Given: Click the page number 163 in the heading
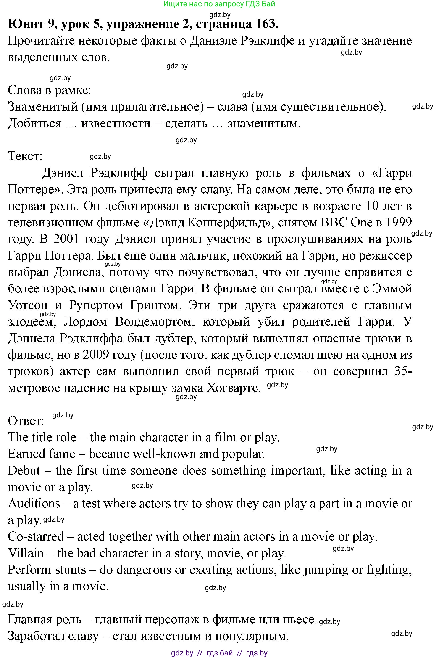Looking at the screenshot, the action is click(266, 24).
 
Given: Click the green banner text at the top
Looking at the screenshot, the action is click(219, 4).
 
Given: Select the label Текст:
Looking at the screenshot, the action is click(25, 156).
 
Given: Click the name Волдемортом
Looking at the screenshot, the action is click(155, 322).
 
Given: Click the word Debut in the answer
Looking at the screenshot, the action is click(24, 471).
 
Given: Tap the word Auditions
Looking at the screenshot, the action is click(34, 504).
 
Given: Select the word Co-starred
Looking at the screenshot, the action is click(36, 537).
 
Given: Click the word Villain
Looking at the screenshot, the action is click(26, 553).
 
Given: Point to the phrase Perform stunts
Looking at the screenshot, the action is click(47, 570).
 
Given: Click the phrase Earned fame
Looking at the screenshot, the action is click(42, 454).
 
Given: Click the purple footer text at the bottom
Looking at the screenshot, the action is click(219, 653).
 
